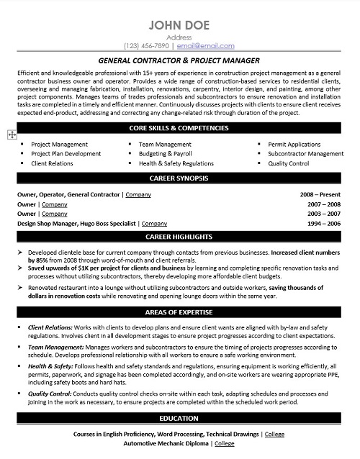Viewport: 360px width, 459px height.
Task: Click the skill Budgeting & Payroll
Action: [164, 154]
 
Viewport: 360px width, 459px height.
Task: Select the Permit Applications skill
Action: [295, 144]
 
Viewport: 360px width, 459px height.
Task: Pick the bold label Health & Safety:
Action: [50, 366]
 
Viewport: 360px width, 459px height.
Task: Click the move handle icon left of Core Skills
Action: [11, 135]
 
